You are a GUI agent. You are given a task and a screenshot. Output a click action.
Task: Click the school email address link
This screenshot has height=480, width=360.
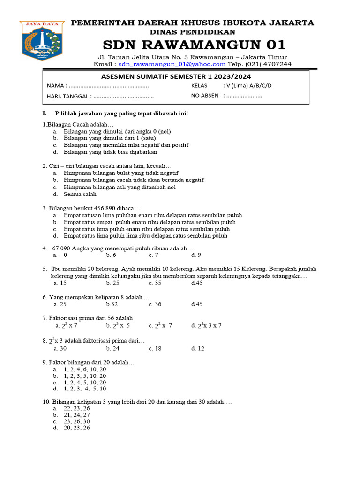[172, 64]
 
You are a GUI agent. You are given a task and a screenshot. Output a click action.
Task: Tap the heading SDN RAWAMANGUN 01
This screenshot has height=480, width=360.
[194, 45]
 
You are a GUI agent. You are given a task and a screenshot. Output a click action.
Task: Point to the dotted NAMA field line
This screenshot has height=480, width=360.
[109, 86]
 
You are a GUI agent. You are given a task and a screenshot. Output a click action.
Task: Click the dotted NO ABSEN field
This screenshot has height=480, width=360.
[243, 96]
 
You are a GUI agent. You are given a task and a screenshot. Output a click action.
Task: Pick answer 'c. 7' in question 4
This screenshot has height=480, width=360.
[154, 255]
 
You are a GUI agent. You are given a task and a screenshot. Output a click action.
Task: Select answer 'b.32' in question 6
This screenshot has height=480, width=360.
[112, 304]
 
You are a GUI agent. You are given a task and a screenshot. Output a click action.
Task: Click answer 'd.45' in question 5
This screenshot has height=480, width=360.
[197, 283]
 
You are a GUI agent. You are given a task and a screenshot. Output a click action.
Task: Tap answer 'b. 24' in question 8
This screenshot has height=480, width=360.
[112, 348]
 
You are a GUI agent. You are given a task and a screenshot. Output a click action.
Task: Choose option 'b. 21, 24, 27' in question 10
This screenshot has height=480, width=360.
[76, 415]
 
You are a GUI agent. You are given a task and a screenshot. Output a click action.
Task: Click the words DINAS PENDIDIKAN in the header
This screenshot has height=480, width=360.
[192, 32]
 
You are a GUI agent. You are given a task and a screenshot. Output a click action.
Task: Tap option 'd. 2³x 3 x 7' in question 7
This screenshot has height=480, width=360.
[206, 325]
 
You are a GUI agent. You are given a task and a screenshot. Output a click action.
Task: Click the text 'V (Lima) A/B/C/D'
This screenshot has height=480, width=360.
[248, 86]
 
